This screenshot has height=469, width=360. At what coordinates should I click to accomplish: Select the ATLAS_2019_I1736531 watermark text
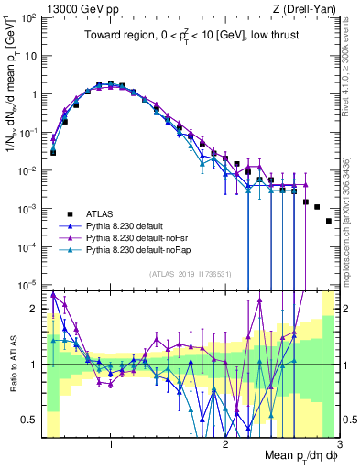190,273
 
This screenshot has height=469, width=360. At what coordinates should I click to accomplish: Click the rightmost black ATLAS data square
329,221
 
